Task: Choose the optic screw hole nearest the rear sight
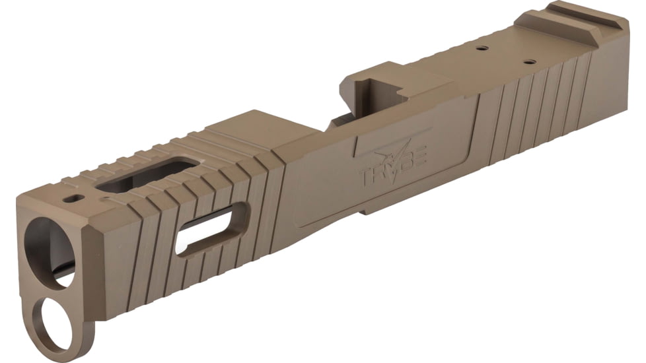pyautogui.click(x=528, y=62)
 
